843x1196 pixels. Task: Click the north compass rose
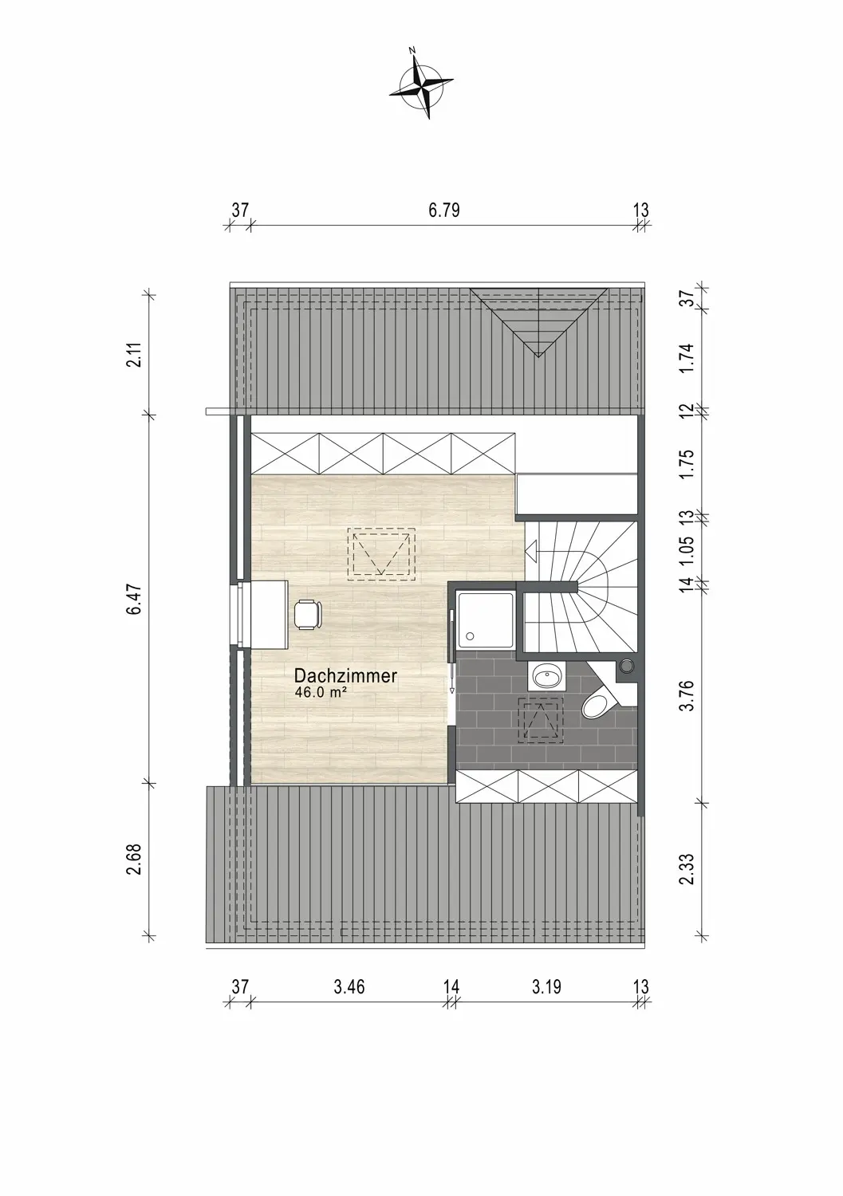click(421, 85)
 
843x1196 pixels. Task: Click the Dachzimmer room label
click(345, 676)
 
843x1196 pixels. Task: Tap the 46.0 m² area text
click(321, 693)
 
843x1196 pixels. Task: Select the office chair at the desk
click(308, 615)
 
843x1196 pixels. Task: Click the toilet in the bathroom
click(600, 696)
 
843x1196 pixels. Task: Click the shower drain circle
click(470, 636)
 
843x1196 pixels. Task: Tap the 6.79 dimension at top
click(444, 210)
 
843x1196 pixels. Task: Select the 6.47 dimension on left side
click(135, 599)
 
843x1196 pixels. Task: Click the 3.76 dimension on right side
click(688, 694)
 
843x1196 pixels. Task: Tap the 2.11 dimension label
click(135, 354)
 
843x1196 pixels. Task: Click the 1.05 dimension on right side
click(688, 549)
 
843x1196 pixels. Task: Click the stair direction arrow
click(531, 550)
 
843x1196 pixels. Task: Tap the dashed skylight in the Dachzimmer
click(381, 553)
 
